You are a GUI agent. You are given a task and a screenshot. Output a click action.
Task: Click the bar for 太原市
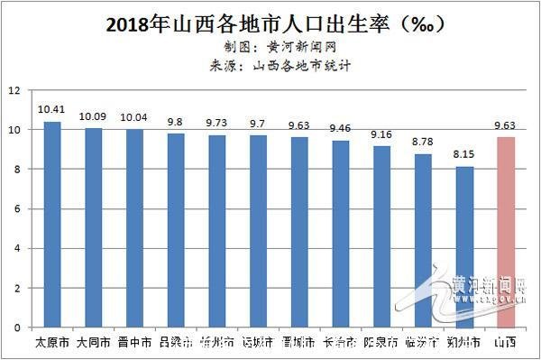point(52,225)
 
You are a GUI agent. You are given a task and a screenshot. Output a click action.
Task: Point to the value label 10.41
point(51,110)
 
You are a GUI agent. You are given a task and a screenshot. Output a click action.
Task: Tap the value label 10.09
point(93,116)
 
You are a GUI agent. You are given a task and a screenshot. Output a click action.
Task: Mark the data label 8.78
point(423,143)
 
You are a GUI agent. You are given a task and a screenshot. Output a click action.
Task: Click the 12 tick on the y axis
point(14,90)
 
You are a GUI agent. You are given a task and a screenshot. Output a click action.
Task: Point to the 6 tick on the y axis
point(16,208)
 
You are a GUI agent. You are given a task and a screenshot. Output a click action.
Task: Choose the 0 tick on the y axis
point(16,328)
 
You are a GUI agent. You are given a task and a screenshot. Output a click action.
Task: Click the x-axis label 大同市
point(93,343)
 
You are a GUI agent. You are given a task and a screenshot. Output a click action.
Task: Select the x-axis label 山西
point(506,343)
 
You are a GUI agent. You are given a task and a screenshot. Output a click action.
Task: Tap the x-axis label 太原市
point(51,343)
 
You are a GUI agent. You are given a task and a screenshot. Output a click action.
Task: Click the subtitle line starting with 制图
point(270,45)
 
